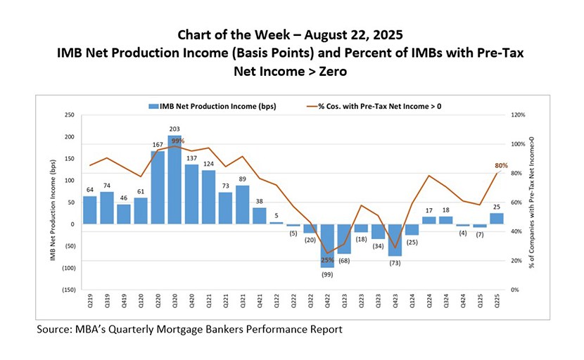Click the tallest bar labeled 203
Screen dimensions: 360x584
174,180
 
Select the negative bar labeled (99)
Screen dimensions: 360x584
328,245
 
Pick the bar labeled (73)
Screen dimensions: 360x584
395,240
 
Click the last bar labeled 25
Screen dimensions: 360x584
497,219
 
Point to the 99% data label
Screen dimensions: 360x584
178,141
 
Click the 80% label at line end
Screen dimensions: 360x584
501,165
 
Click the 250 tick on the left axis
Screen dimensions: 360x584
69,115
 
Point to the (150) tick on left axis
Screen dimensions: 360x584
68,290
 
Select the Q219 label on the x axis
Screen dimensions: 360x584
90,304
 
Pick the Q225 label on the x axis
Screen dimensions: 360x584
497,304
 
